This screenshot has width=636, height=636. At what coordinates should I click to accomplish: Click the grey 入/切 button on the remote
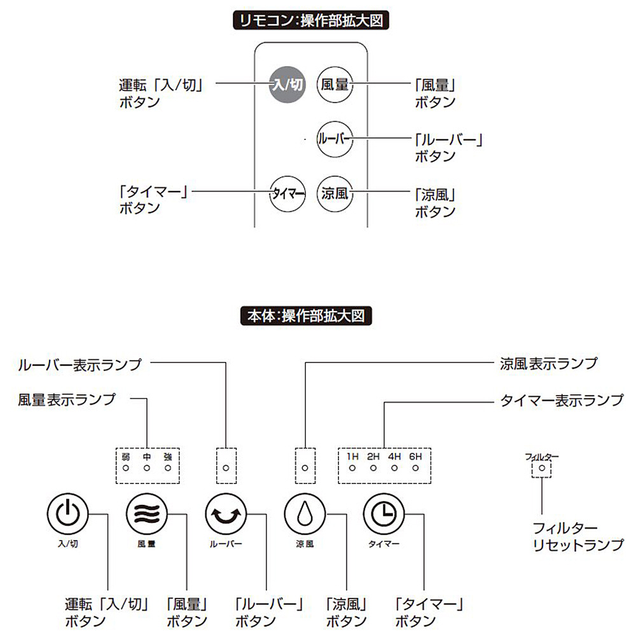tap(287, 85)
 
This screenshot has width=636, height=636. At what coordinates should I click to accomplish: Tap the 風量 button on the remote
tap(335, 85)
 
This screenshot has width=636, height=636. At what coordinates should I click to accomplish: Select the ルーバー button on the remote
tap(335, 139)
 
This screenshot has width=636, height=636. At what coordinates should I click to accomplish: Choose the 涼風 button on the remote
tap(335, 193)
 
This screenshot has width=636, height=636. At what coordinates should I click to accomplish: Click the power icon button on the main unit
tap(67, 514)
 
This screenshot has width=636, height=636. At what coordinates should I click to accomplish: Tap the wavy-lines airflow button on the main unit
tap(146, 514)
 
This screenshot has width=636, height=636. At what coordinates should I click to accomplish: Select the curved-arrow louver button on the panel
tap(226, 514)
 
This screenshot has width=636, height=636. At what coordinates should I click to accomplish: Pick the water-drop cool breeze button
tap(305, 514)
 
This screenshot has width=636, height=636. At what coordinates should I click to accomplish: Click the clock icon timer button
tap(384, 514)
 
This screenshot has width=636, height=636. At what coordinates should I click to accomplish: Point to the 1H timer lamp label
tap(352, 456)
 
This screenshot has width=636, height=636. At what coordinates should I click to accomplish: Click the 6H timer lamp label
tap(415, 456)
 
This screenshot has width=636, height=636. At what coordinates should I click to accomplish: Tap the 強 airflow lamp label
tap(168, 457)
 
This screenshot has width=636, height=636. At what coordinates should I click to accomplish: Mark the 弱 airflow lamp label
tap(126, 457)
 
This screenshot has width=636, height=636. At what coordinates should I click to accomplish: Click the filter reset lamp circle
tap(542, 468)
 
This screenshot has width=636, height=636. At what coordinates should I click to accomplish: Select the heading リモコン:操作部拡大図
tap(311, 21)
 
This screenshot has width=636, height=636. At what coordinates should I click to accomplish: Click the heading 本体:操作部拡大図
tap(307, 316)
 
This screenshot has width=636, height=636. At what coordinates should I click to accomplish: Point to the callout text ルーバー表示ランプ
tap(80, 364)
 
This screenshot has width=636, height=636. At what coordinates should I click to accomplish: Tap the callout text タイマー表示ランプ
tap(562, 400)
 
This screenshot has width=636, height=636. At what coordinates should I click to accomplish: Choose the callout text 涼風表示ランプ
tap(549, 363)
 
